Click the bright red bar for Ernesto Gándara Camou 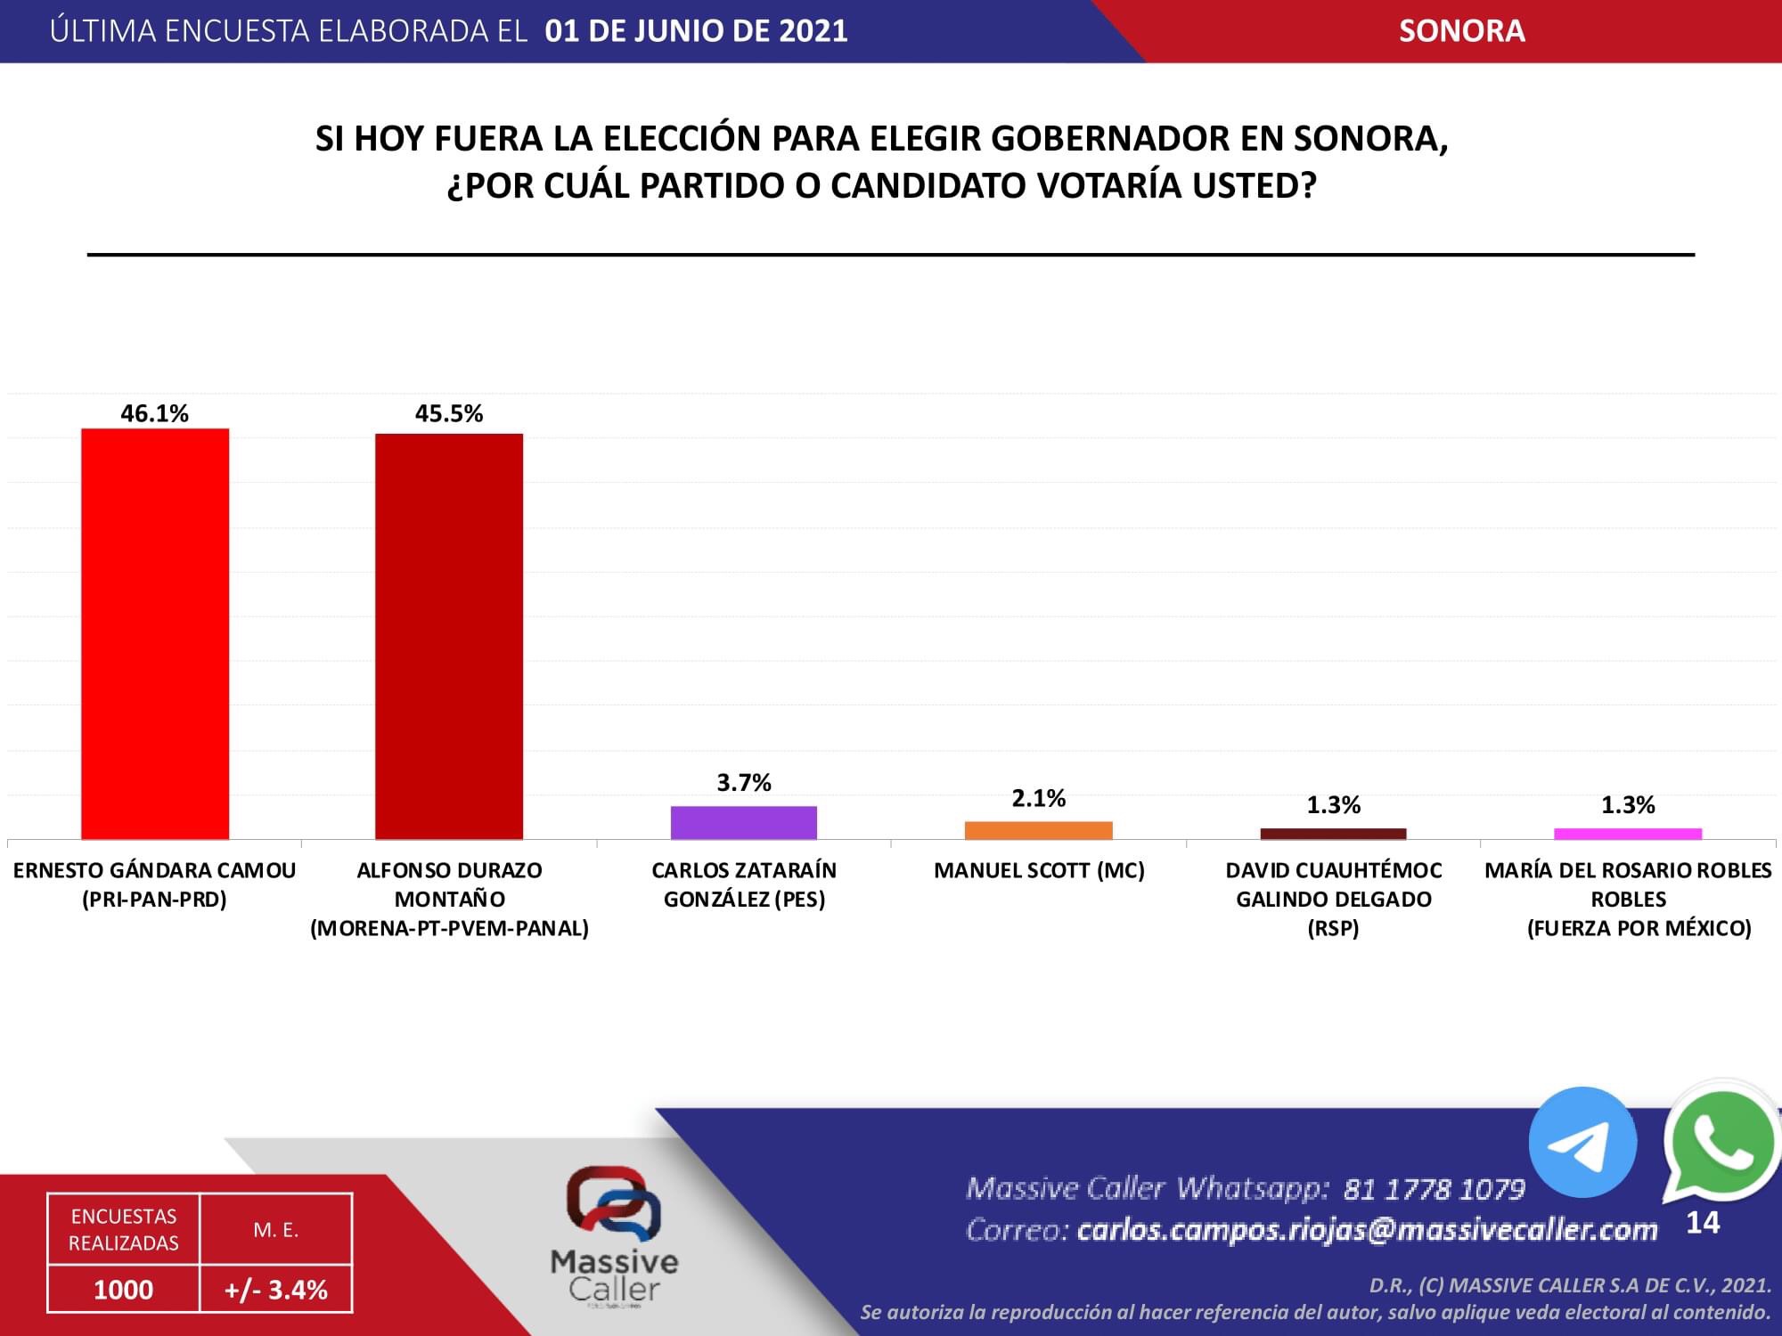(155, 633)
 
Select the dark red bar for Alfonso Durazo (449, 636)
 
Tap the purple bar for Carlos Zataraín (744, 822)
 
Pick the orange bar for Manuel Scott (1039, 830)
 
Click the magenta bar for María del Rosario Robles (1628, 834)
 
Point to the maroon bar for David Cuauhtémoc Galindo (1333, 834)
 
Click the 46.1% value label (155, 413)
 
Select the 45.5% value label (449, 413)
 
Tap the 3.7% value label (744, 783)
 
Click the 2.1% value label (1039, 798)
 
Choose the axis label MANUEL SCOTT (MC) (1039, 870)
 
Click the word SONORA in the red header (1461, 31)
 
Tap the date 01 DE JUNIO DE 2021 (696, 31)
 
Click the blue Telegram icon (1582, 1142)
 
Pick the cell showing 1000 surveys (124, 1289)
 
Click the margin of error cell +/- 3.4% (276, 1289)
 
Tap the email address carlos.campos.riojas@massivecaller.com (1367, 1230)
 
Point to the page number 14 (1703, 1223)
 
